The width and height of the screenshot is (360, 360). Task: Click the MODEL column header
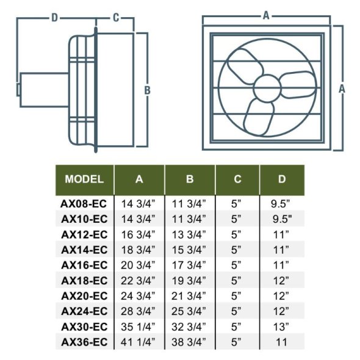pyautogui.click(x=84, y=179)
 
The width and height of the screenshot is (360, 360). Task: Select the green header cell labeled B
pyautogui.click(x=190, y=179)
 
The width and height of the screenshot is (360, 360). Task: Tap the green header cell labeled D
pyautogui.click(x=281, y=179)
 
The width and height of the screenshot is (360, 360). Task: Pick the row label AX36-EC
pyautogui.click(x=84, y=342)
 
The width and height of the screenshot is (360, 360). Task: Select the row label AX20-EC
pyautogui.click(x=84, y=296)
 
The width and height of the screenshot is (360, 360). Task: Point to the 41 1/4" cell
pyautogui.click(x=139, y=342)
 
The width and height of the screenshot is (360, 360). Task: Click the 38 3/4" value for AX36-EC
pyautogui.click(x=190, y=342)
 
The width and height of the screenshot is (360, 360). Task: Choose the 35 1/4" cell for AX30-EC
pyautogui.click(x=139, y=326)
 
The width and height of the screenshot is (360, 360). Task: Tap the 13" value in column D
pyautogui.click(x=281, y=326)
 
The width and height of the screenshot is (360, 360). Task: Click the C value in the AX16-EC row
pyautogui.click(x=237, y=265)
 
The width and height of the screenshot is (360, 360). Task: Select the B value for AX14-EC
pyautogui.click(x=190, y=250)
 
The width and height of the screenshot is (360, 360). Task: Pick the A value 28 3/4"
pyautogui.click(x=139, y=311)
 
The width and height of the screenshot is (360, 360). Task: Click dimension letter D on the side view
pyautogui.click(x=54, y=18)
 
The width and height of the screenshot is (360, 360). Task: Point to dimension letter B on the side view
pyautogui.click(x=146, y=90)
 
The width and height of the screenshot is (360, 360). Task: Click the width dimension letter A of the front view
pyautogui.click(x=266, y=16)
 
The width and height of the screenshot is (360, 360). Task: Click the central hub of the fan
pyautogui.click(x=266, y=87)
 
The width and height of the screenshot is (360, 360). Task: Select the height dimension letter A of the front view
pyautogui.click(x=342, y=88)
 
